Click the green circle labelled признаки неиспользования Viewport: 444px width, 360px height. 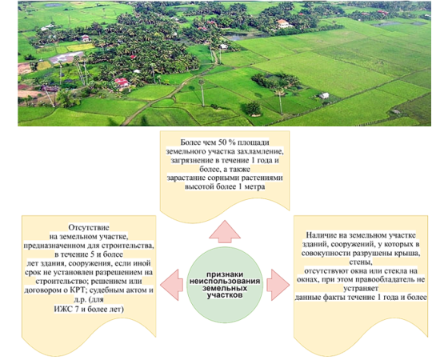pyautogui.click(x=225, y=285)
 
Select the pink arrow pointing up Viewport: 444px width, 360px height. pyautogui.click(x=225, y=231)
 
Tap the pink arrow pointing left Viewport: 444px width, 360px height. pyautogui.click(x=171, y=285)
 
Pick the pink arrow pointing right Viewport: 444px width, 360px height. pyautogui.click(x=278, y=285)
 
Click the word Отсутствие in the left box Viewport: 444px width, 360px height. pyautogui.click(x=89, y=227)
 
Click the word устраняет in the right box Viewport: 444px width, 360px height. pyautogui.click(x=361, y=289)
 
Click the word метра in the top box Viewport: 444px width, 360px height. pyautogui.click(x=255, y=187)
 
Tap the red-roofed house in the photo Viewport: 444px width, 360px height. pyautogui.click(x=122, y=82)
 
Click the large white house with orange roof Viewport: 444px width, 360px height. pyautogui.click(x=284, y=23)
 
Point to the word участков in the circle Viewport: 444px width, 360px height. pyautogui.click(x=225, y=295)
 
